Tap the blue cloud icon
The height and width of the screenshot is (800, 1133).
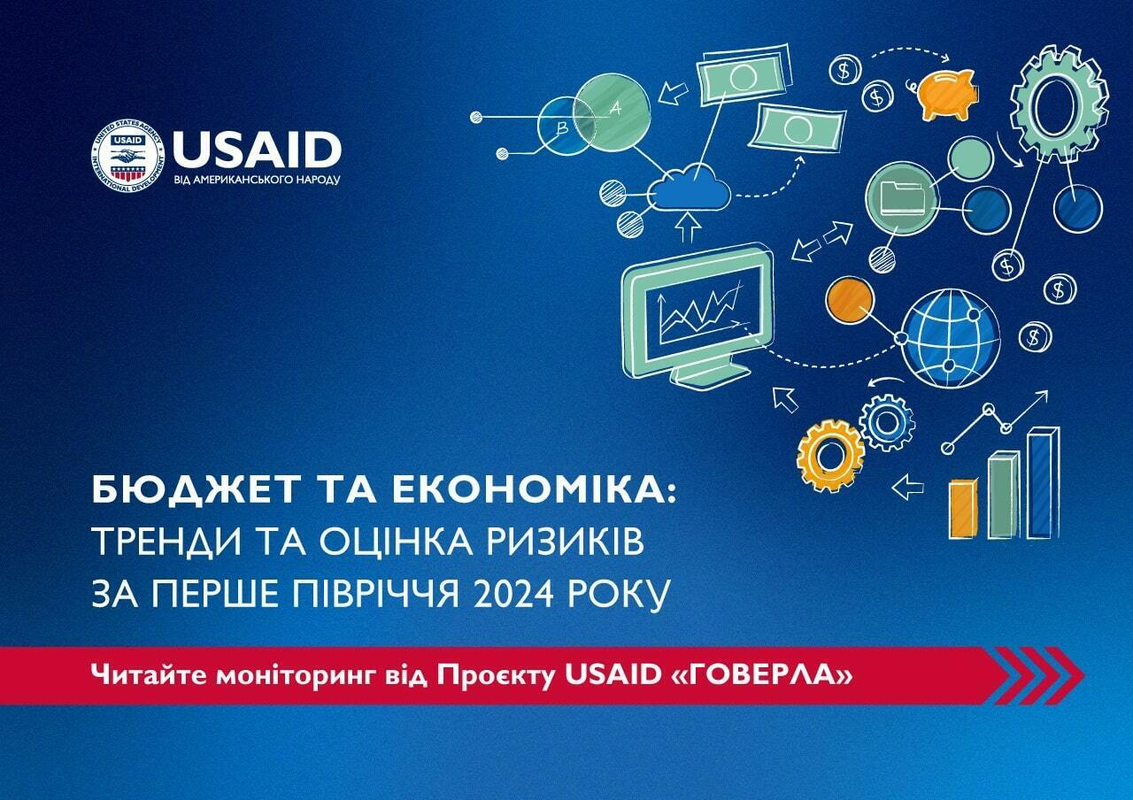[x=690, y=188]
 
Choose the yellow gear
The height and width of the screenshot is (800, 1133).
[x=829, y=456]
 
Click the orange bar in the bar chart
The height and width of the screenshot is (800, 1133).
[x=962, y=510]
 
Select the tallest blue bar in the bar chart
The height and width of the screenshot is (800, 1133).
[x=1043, y=483]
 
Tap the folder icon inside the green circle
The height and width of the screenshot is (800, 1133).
[x=903, y=197]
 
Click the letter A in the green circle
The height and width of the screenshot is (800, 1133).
[x=615, y=108]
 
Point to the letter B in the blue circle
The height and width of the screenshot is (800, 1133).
[x=562, y=129]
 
